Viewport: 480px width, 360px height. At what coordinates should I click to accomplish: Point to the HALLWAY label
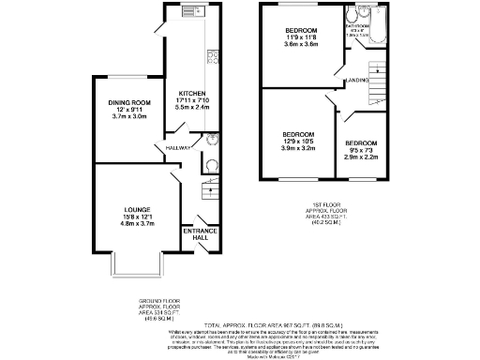178,148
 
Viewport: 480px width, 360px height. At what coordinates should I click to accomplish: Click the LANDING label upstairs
355,81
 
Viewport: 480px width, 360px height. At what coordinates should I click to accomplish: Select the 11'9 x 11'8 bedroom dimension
302,38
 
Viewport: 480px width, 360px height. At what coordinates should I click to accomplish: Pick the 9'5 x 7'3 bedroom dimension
363,148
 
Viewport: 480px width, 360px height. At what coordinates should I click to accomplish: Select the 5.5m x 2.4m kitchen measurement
192,109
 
